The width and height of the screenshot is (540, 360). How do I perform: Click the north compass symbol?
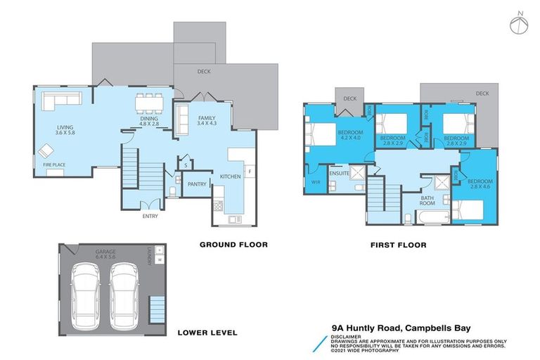click(517, 23)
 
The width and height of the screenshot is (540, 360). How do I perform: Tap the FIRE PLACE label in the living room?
click(54, 165)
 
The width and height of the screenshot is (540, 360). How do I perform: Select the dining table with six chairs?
click(148, 103)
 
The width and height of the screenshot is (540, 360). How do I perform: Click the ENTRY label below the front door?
click(150, 216)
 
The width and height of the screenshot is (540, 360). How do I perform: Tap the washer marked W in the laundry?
click(159, 259)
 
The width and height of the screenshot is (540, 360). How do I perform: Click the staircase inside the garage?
click(156, 307)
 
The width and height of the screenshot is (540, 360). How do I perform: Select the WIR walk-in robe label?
click(315, 182)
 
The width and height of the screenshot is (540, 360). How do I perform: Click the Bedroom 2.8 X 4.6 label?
click(475, 184)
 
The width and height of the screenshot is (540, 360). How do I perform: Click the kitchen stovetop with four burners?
click(218, 206)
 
